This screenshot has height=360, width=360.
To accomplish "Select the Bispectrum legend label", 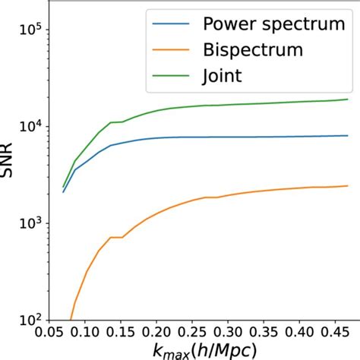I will click(252, 50).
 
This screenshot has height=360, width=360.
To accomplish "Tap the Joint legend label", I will click(221, 76).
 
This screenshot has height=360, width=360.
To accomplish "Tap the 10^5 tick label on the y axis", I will click(30, 30).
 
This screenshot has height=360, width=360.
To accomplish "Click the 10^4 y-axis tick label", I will click(30, 127).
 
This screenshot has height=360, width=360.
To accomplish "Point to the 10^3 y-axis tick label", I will click(30, 223).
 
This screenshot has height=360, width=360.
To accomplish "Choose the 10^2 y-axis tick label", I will click(30, 320).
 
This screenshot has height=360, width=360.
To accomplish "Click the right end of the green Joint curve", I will click(347, 99).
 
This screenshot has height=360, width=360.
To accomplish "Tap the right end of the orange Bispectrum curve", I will click(347, 186).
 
